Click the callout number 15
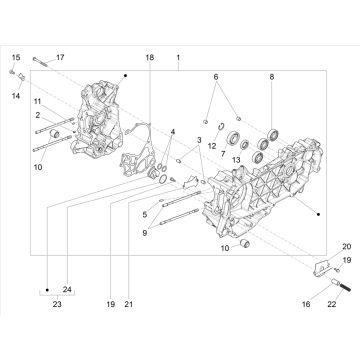[x=16, y=58]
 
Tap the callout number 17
[x=60, y=58]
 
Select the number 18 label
[x=150, y=58]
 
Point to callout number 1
[x=178, y=58]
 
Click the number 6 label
[x=216, y=77]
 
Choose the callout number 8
[x=272, y=77]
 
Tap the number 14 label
[x=16, y=96]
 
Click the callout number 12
[x=212, y=146]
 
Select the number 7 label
[x=223, y=153]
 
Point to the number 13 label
[x=236, y=160]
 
